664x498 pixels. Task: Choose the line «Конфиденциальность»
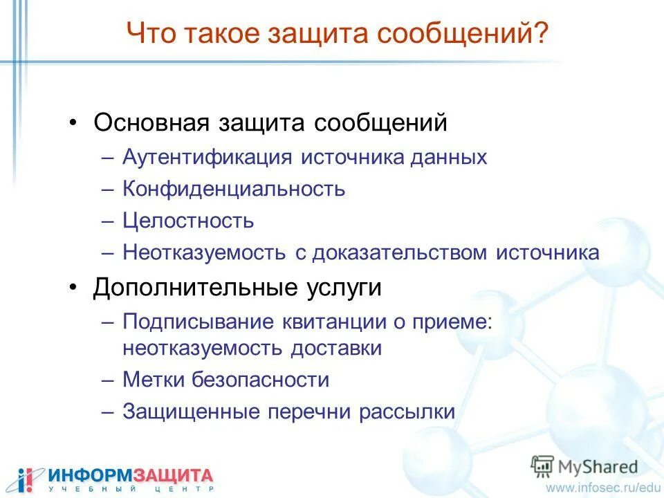234,189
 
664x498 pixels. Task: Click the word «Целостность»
188,221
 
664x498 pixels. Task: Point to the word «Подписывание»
199,322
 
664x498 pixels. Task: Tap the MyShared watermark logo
584,466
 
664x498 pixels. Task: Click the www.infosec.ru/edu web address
601,488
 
